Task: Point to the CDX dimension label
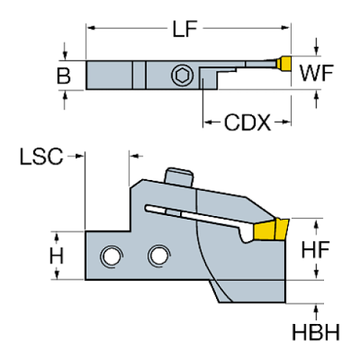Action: pyautogui.click(x=248, y=122)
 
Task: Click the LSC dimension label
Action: pyautogui.click(x=41, y=155)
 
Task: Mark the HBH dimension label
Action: pyautogui.click(x=317, y=332)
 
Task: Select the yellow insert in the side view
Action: pyautogui.click(x=269, y=230)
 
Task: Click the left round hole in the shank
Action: pyautogui.click(x=111, y=256)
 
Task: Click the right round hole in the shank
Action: pyautogui.click(x=157, y=255)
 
